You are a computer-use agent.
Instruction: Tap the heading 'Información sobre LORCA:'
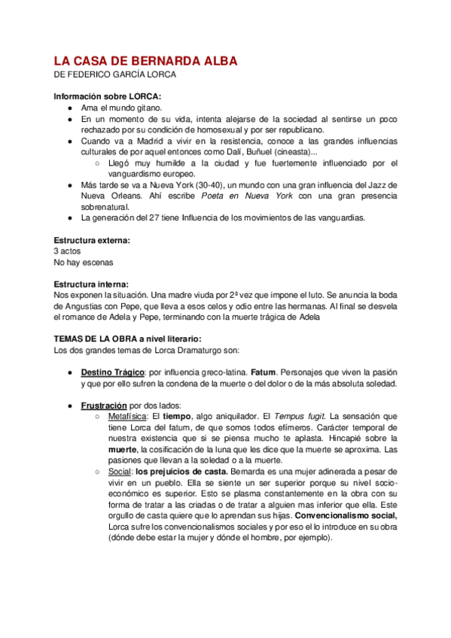[x=108, y=96]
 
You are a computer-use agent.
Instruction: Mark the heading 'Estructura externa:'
[x=92, y=240]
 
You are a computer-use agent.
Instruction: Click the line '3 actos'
[x=69, y=251]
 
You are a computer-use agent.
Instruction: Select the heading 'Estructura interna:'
[x=91, y=284]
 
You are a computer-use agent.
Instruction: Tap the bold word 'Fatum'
[x=264, y=372]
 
